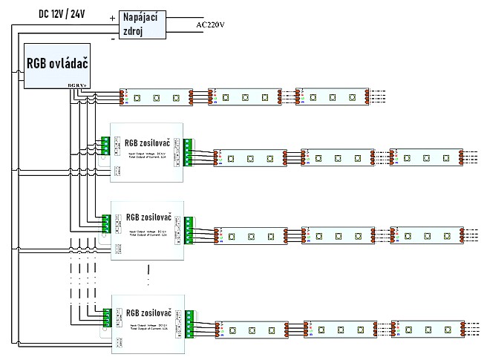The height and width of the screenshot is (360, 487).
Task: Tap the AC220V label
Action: pos(211,24)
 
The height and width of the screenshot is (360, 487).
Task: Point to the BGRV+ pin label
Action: pos(77,86)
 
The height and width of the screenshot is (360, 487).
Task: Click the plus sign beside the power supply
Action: pos(112,17)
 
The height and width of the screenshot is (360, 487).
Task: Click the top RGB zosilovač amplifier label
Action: pos(148,143)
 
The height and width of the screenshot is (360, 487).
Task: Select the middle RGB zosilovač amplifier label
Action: pos(148,217)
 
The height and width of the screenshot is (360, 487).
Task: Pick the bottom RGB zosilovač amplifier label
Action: pos(148,312)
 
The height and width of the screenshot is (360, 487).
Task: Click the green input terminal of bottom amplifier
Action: pos(106,316)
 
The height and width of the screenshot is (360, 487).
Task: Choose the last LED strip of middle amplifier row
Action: pos(428,234)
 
